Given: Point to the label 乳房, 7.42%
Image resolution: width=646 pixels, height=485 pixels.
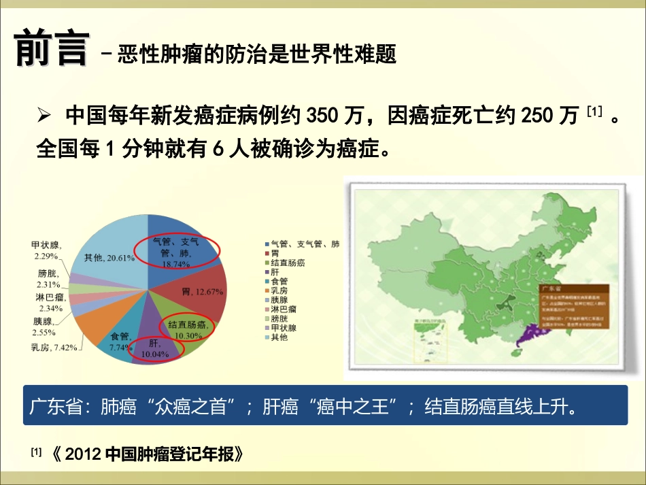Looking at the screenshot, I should coord(54,347).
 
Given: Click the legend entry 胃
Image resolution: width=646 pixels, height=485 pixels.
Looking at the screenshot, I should coord(275,253).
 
